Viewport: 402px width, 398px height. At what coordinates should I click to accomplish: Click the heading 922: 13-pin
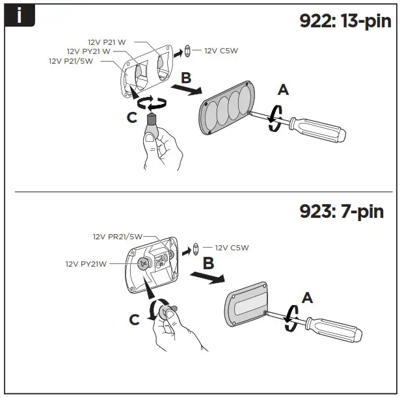(x=345, y=22)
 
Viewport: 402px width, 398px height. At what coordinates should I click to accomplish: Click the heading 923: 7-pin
(x=341, y=211)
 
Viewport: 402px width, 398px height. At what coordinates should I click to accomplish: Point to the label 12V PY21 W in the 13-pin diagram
(x=89, y=51)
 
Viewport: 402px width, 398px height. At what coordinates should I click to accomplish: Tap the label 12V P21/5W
(x=72, y=60)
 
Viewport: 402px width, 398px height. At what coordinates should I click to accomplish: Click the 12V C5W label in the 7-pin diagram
(x=232, y=247)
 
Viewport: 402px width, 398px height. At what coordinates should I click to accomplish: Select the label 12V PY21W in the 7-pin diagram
(x=85, y=264)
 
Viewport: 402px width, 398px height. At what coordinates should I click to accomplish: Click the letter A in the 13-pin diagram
(x=282, y=90)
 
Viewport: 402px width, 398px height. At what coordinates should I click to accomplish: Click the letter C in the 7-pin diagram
(x=134, y=319)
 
